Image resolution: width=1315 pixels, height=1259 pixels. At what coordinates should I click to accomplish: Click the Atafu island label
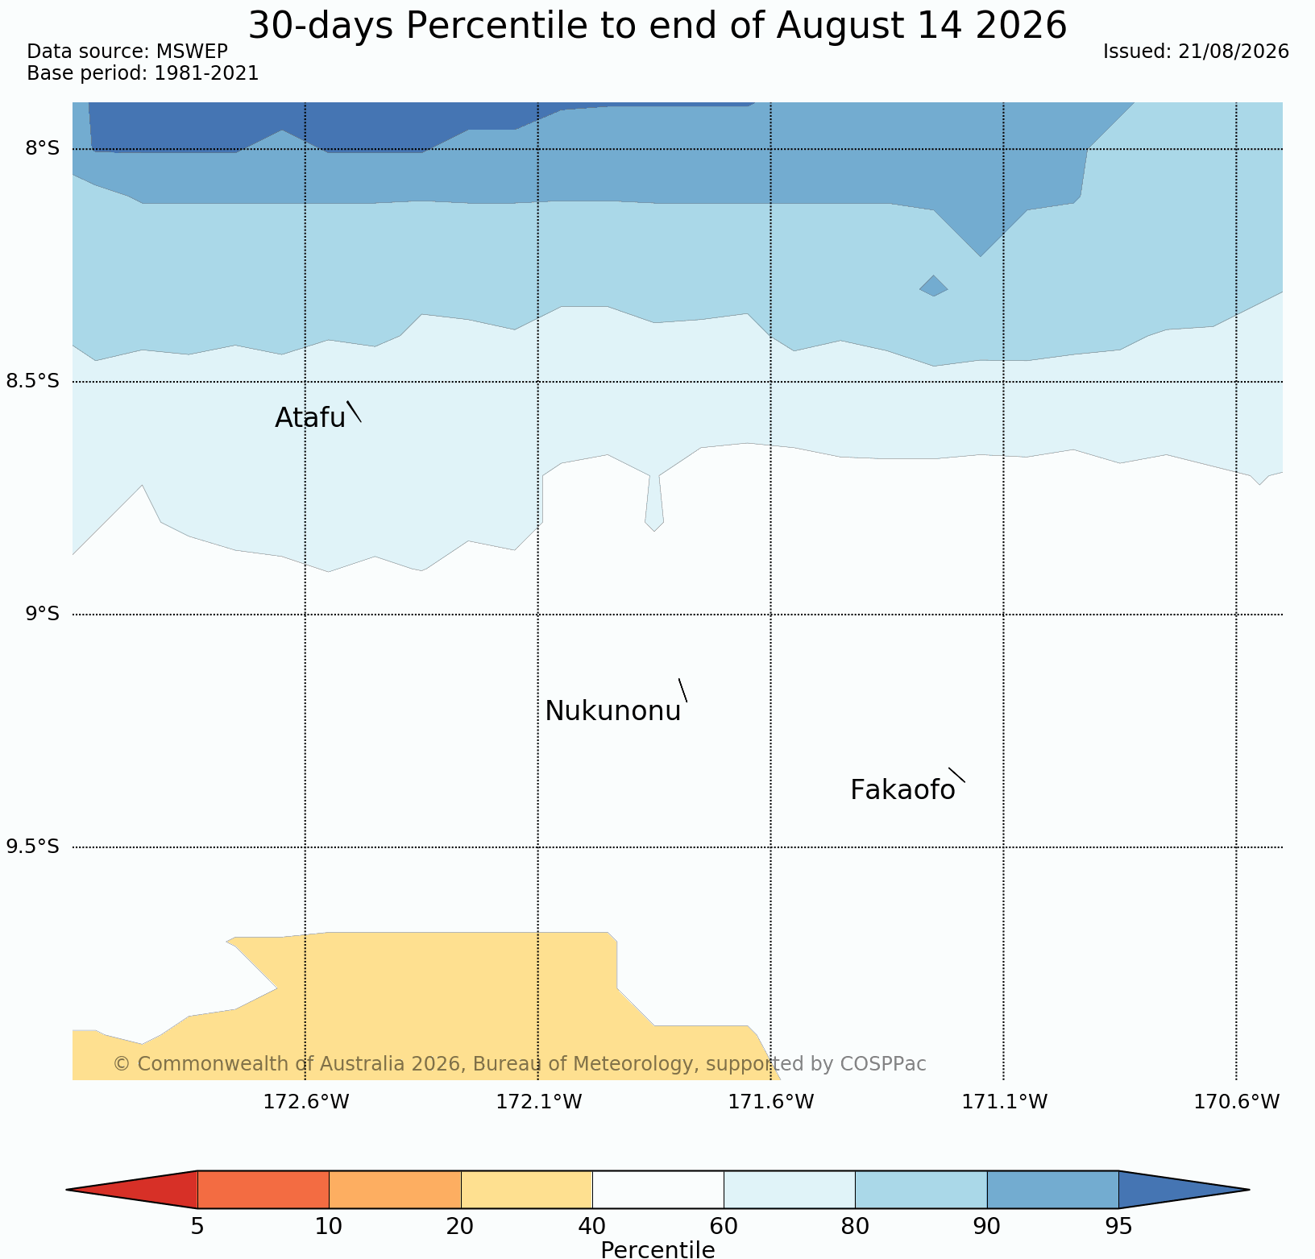point(310,417)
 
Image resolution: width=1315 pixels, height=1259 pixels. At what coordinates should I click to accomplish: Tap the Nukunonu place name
point(613,711)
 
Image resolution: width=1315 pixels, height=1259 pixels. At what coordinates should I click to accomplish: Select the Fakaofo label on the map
point(902,790)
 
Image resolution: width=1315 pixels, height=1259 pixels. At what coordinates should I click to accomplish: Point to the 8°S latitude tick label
point(42,148)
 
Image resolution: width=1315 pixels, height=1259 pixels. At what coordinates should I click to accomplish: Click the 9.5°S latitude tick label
point(33,847)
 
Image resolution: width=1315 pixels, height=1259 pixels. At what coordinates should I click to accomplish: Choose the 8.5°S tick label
point(33,381)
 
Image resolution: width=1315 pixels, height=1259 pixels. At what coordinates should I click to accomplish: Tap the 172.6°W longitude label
point(306,1102)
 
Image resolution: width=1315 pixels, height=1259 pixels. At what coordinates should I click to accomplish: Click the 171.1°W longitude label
point(1005,1102)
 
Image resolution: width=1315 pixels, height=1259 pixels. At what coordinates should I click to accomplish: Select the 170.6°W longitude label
point(1237,1102)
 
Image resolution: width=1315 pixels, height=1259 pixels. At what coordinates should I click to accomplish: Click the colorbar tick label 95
point(1118,1227)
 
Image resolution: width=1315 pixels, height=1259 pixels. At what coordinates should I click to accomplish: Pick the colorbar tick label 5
point(197,1227)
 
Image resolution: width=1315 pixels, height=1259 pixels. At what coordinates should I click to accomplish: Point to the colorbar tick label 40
point(592,1227)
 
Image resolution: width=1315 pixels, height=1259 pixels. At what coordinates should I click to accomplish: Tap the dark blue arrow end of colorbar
point(1184,1190)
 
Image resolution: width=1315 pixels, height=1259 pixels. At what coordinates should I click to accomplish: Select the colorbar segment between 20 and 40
point(527,1190)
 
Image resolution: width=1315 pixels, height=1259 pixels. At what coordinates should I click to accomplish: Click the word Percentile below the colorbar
point(657,1249)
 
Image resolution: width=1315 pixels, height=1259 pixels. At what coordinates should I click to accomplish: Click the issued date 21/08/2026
point(1233,52)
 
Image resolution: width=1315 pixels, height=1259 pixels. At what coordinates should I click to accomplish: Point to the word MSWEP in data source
point(192,52)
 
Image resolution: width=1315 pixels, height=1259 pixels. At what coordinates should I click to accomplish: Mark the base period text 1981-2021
point(206,73)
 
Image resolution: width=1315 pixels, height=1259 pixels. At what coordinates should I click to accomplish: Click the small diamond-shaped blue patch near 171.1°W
point(934,286)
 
